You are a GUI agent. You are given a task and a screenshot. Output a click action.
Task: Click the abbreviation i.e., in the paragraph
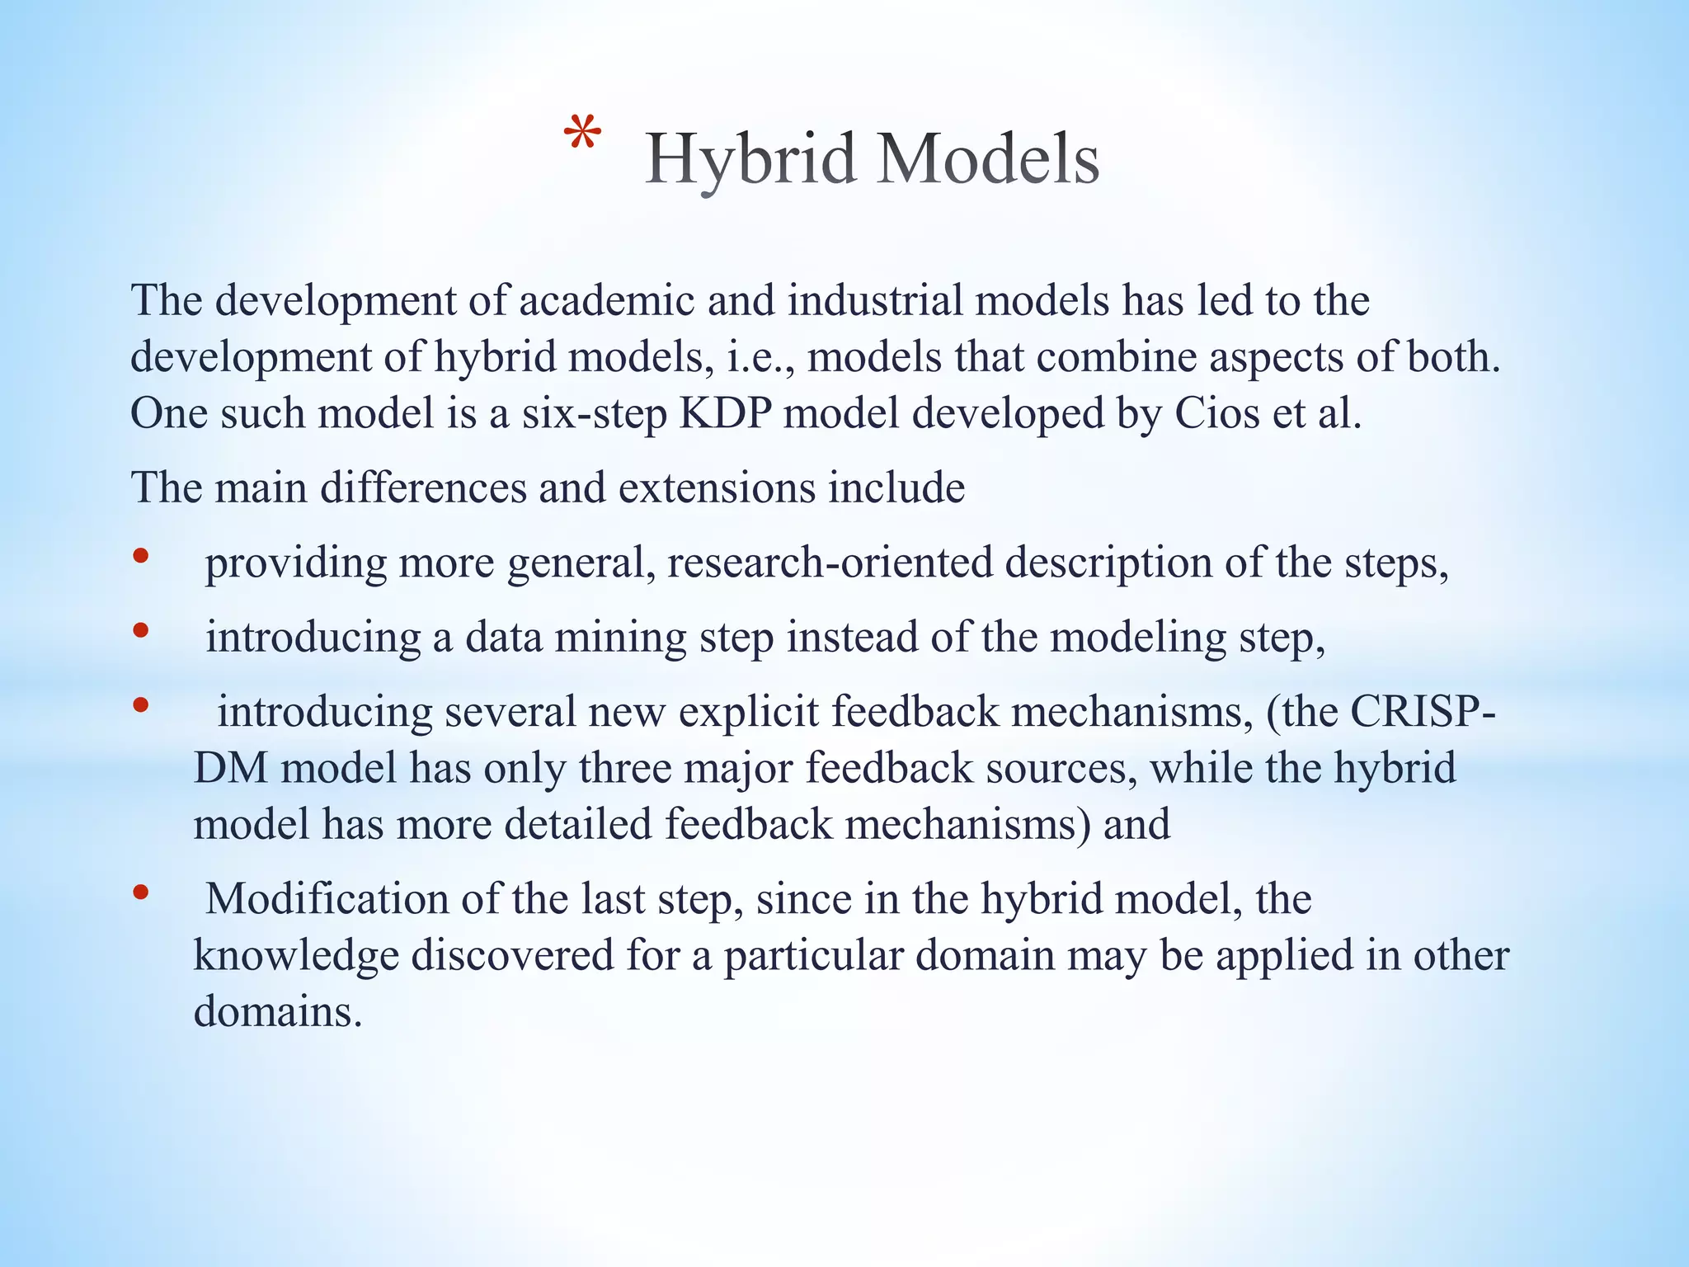760,357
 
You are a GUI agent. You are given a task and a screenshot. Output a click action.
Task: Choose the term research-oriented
830,563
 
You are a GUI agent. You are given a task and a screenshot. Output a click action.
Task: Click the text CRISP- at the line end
1423,712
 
